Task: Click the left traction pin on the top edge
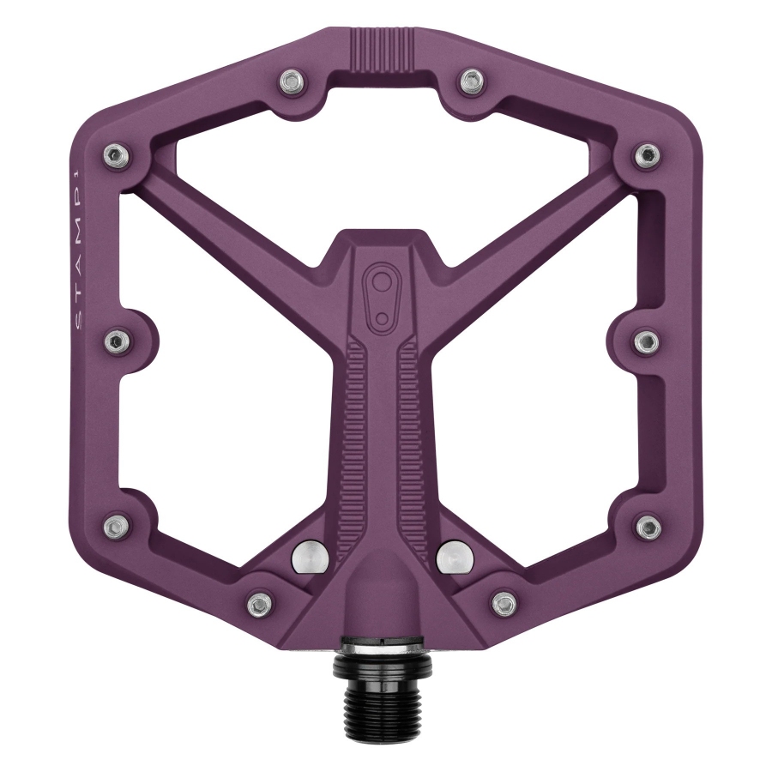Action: (x=292, y=82)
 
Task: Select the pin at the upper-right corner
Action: (x=647, y=155)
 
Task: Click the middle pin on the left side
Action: (x=114, y=342)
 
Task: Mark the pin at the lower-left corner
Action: (x=114, y=524)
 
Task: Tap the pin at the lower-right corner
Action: (x=649, y=526)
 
